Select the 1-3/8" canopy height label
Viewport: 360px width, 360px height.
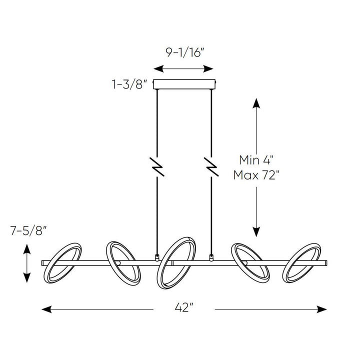click(129, 84)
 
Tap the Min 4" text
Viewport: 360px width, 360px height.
click(256, 160)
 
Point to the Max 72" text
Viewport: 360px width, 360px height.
click(256, 176)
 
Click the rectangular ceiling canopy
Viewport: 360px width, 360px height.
click(184, 84)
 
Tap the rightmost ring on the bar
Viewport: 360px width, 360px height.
click(302, 263)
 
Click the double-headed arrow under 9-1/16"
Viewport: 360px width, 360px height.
click(184, 68)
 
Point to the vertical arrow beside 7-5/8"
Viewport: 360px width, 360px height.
click(27, 263)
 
